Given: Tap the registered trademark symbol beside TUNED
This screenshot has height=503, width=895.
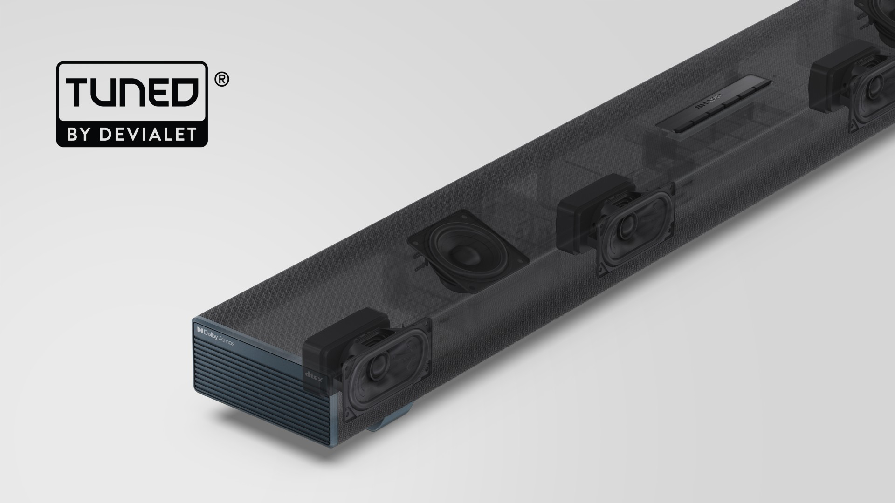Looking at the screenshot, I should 221,80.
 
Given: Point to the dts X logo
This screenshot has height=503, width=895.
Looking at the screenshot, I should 314,374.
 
